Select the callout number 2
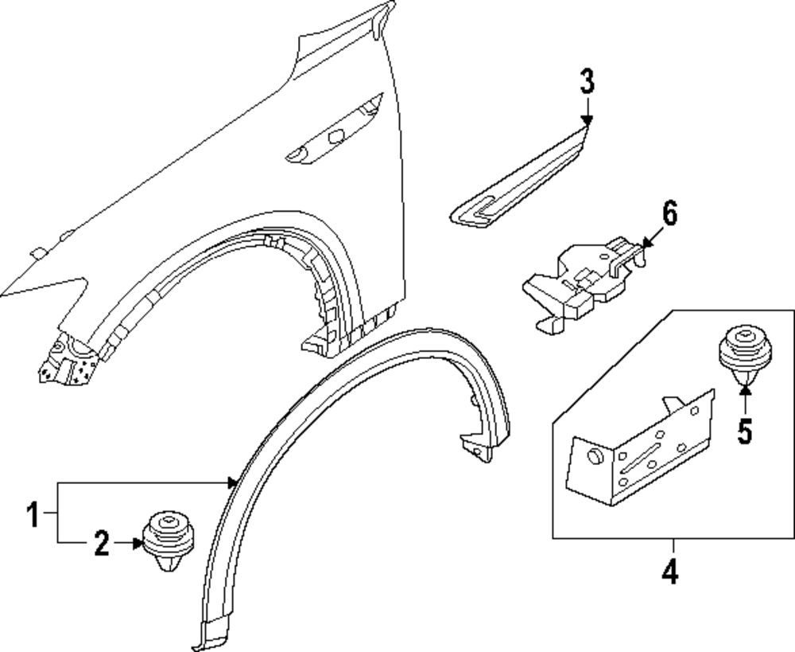pos(101,545)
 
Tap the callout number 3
pos(586,81)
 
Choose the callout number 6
pos(669,214)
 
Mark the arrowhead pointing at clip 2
pos(138,545)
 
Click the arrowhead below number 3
pos(587,120)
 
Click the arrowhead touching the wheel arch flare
pos(232,482)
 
